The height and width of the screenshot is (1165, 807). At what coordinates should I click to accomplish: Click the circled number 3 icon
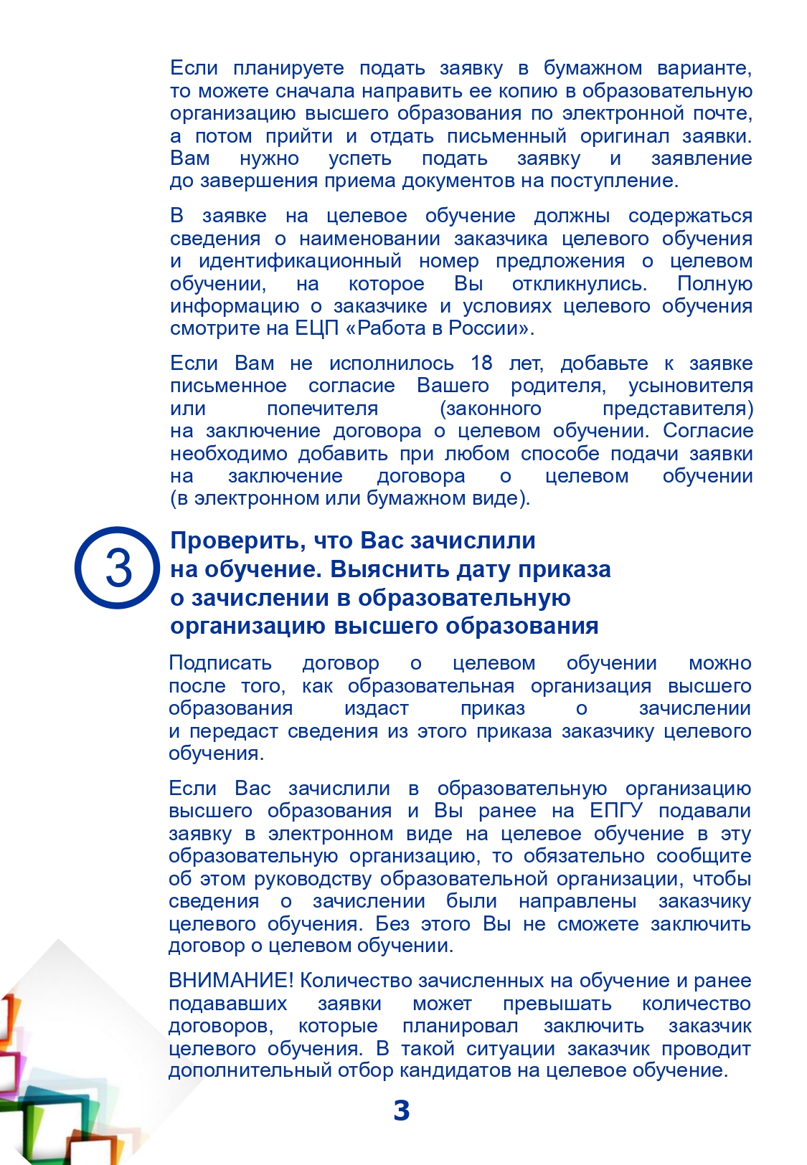click(117, 568)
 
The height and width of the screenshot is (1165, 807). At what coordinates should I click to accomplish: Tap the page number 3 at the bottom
click(402, 1111)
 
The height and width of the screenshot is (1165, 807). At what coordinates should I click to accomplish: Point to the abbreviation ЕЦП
click(313, 328)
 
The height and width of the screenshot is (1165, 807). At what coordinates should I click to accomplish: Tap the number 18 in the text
click(481, 363)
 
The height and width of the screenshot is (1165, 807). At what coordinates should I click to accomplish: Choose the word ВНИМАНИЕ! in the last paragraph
click(231, 981)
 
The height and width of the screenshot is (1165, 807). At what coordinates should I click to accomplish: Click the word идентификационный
click(300, 261)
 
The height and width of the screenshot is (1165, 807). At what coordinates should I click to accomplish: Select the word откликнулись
click(579, 284)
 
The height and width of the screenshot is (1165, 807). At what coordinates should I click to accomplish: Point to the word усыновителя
click(690, 386)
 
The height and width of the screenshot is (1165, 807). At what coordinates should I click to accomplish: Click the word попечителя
click(322, 409)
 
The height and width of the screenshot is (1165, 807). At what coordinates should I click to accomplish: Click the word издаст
click(376, 708)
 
